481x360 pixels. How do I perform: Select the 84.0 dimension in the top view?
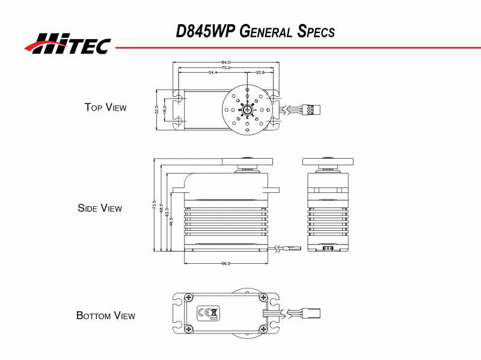point(226,62)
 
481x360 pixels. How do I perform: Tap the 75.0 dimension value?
point(226,67)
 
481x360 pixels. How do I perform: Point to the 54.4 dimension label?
point(213,73)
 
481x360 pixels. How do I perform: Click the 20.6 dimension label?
point(260,73)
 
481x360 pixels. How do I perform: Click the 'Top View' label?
point(106,108)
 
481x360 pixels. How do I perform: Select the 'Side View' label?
point(100,209)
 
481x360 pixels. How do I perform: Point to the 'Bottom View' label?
point(106,316)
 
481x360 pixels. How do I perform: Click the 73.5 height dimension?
point(155,206)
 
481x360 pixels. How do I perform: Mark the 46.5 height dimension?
point(171,221)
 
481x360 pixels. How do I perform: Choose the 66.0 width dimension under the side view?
point(226,264)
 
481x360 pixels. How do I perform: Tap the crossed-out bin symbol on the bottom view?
point(215,313)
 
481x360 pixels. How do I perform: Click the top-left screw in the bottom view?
point(189,297)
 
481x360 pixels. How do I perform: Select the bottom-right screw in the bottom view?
point(263,328)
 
